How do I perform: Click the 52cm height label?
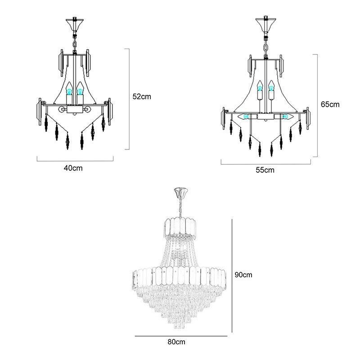point(142,96)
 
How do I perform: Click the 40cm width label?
point(73,168)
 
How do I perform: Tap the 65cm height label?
point(330,104)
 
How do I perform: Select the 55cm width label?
point(265,170)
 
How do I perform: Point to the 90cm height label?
point(243,274)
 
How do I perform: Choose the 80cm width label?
point(176,342)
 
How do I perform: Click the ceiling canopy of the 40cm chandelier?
point(75,23)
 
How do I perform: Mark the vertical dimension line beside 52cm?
point(130,99)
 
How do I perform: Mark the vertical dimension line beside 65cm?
point(318,106)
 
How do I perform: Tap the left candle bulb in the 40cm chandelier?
point(69,90)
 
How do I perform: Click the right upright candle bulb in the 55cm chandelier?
point(271,88)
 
